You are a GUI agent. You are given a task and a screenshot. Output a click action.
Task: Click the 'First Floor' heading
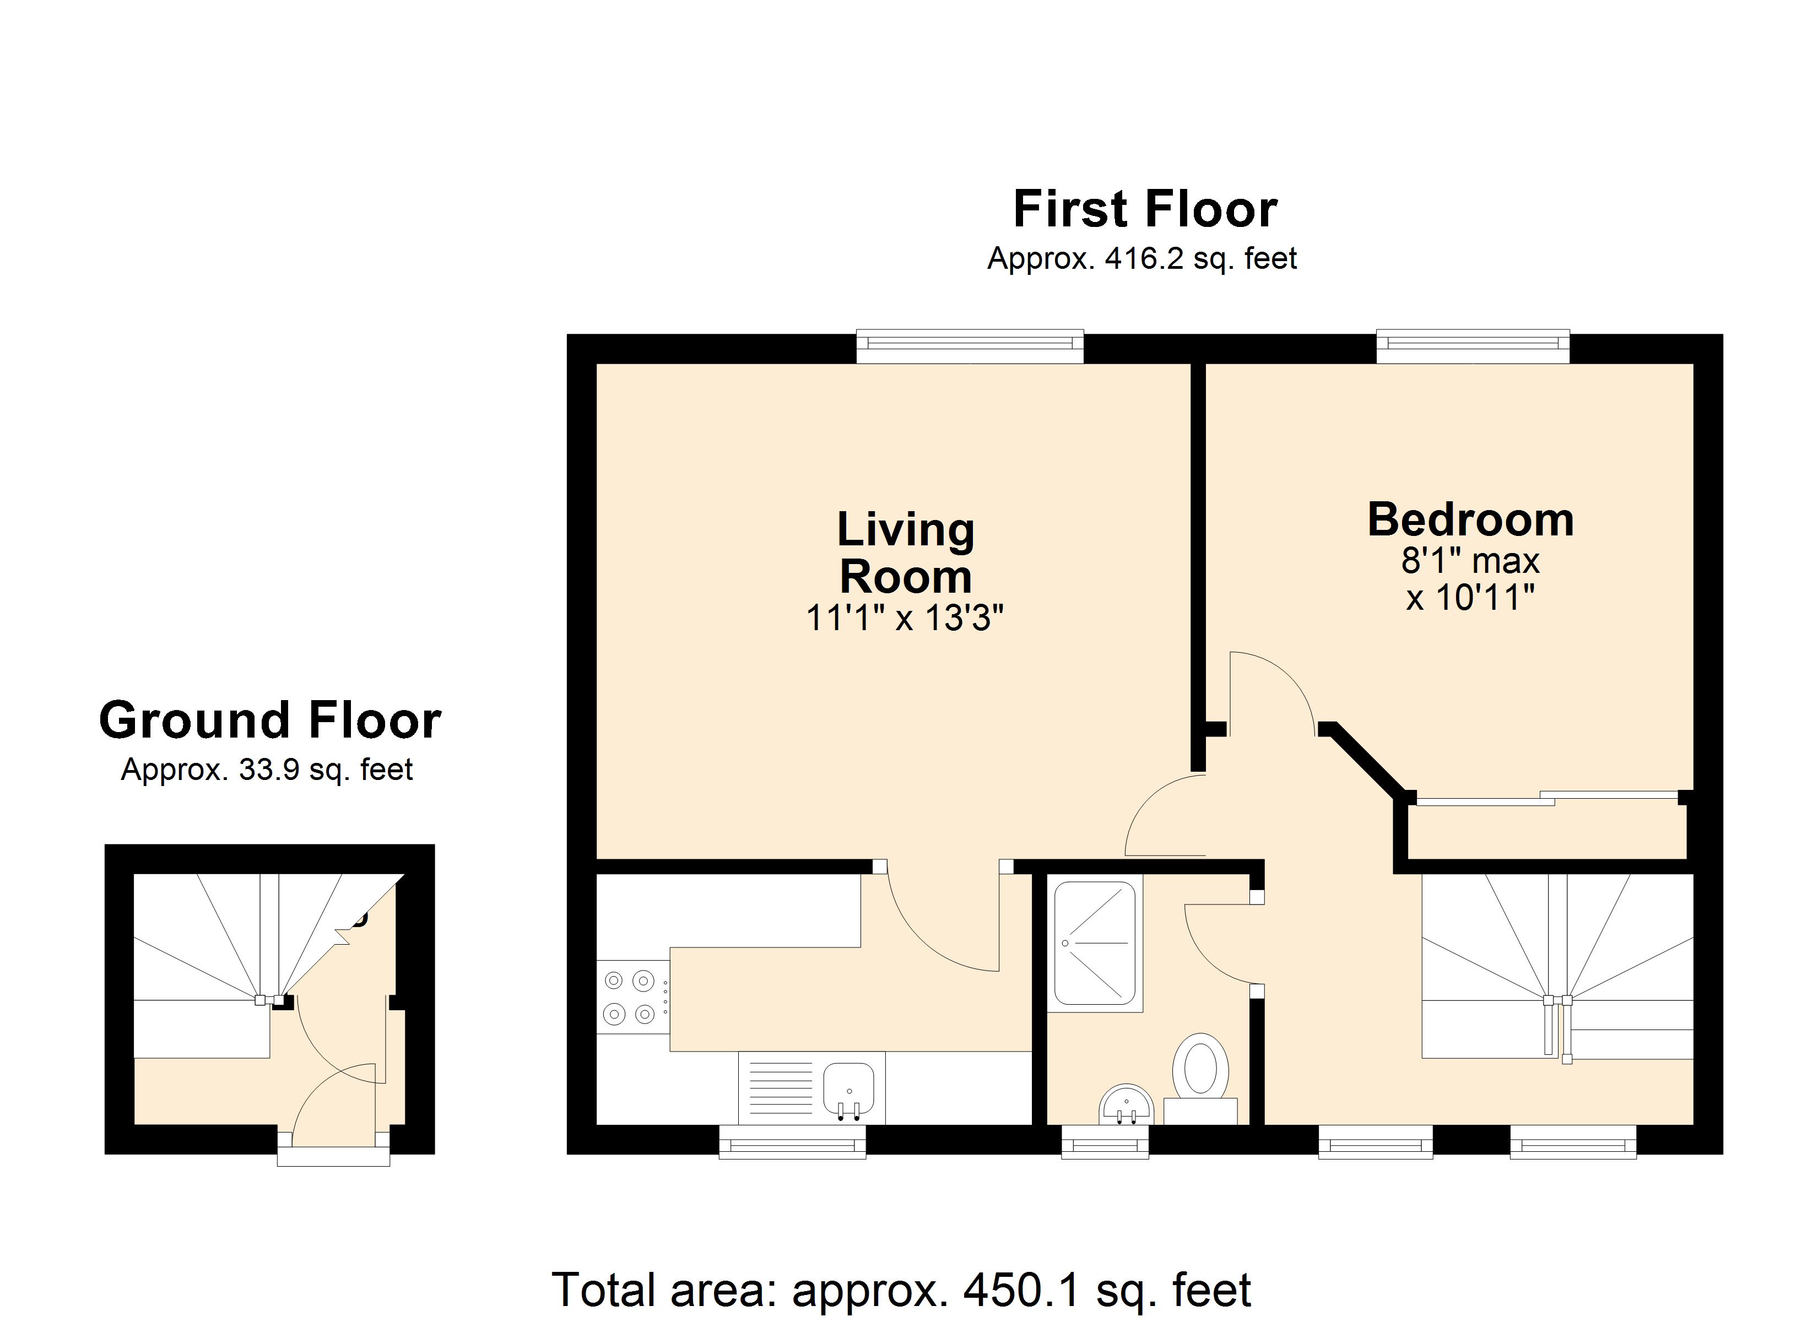click(x=1145, y=209)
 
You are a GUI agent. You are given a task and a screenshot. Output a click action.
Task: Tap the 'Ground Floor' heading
click(x=270, y=720)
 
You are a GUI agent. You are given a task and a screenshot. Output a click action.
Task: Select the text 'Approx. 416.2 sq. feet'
click(x=1141, y=259)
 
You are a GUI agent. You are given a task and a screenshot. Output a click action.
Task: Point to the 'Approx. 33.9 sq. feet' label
click(x=267, y=770)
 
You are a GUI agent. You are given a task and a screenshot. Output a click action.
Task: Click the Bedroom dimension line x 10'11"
click(x=1470, y=598)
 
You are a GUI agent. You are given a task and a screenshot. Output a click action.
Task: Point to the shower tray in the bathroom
click(x=1094, y=944)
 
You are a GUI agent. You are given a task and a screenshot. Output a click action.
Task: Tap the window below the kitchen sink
click(x=792, y=1142)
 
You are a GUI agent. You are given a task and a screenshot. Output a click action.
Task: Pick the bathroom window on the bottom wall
click(x=1105, y=1142)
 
